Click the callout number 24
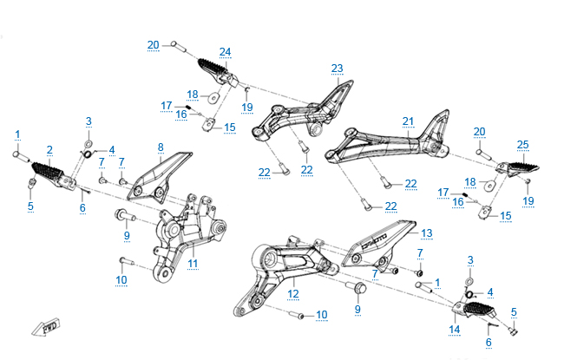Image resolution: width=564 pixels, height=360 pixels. point(226,51)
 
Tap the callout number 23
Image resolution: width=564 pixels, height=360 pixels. point(337,69)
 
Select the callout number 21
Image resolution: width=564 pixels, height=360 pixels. point(408,121)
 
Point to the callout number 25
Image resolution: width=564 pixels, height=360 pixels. point(522,144)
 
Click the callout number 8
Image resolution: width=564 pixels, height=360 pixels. point(161,147)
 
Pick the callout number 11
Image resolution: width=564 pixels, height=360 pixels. point(193,263)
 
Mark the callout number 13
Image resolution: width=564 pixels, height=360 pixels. point(426,233)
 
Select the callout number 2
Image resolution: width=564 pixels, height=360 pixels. point(49,150)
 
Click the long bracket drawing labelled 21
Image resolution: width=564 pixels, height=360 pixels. point(386,141)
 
